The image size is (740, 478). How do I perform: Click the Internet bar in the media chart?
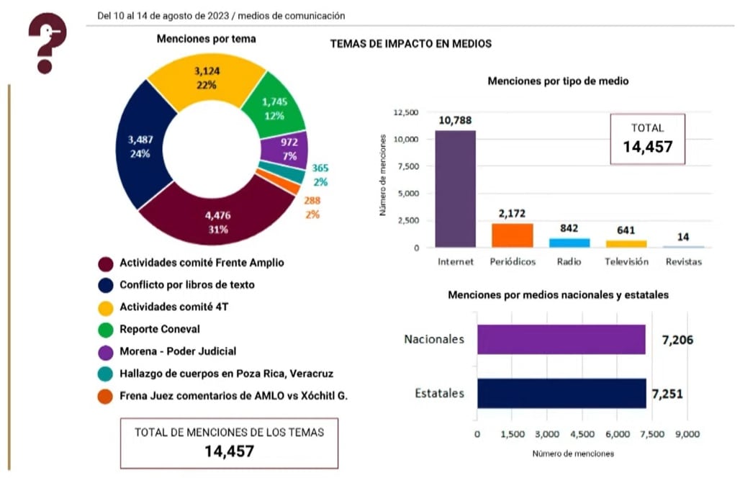(455, 189)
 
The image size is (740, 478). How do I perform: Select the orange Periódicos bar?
(512, 235)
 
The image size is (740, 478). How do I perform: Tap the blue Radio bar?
(569, 243)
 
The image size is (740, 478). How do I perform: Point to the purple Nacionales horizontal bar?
(561, 339)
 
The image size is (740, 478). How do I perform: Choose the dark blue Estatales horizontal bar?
(561, 394)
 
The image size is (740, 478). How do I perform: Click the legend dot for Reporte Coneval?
(105, 329)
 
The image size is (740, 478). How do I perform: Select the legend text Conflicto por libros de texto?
(186, 284)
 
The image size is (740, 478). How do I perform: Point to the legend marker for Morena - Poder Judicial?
(105, 351)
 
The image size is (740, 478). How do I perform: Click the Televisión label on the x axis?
(626, 261)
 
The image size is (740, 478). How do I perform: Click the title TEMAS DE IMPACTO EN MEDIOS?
(410, 44)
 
